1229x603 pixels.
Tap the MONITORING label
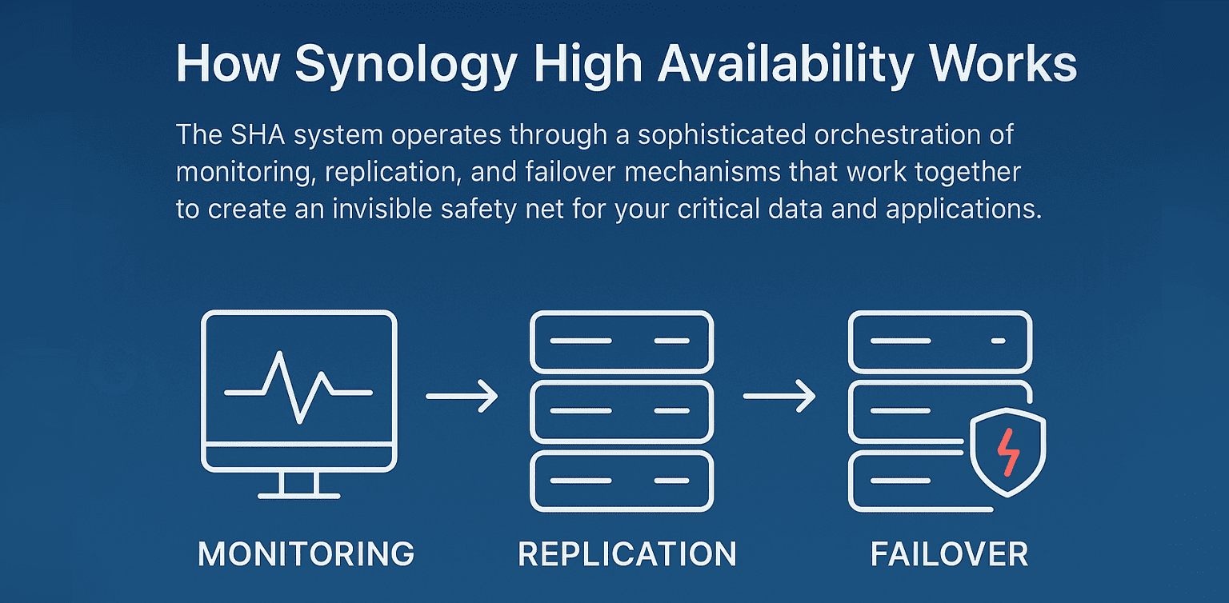click(x=306, y=554)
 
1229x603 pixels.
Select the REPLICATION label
click(x=627, y=554)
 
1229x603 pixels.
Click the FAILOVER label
click(x=949, y=554)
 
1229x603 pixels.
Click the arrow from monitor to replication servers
click(x=462, y=396)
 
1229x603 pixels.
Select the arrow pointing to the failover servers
click(x=779, y=396)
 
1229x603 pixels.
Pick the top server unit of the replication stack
click(x=622, y=341)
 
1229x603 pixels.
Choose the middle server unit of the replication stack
click(x=622, y=411)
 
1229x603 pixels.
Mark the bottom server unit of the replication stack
click(x=622, y=481)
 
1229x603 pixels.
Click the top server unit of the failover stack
click(x=940, y=341)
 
